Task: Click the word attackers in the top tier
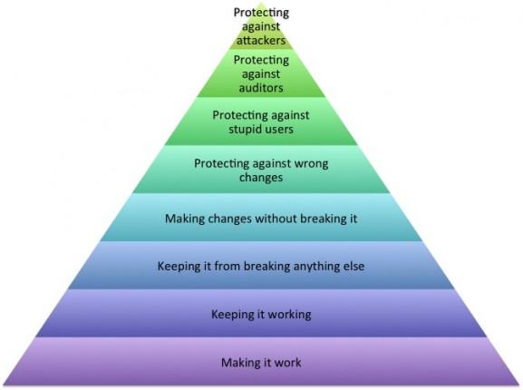261,41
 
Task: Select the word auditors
261,88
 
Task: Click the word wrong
311,164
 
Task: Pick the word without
276,219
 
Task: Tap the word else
354,267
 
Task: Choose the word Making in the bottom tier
237,363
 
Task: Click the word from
228,267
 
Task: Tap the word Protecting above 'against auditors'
261,61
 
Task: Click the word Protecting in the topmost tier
261,13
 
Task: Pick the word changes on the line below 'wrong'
261,178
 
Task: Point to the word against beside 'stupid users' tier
290,116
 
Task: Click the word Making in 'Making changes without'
180,219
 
